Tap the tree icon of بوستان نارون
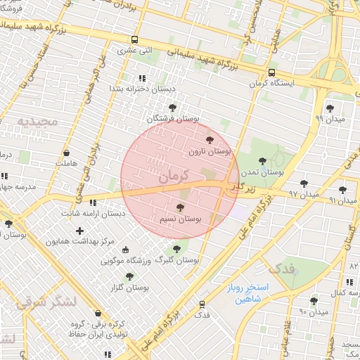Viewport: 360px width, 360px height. point(209,140)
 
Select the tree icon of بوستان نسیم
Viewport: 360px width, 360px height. point(180,208)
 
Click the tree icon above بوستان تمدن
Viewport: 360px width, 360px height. point(263,161)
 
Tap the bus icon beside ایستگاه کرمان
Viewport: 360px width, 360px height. point(271,72)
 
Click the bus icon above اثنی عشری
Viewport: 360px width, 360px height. point(134,40)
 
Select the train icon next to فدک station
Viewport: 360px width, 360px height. point(202,304)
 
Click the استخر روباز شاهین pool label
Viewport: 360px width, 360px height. point(243,293)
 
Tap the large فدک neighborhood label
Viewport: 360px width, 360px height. point(282,268)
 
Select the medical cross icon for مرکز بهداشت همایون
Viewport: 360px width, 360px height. point(79,230)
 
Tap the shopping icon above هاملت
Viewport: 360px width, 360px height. point(66,152)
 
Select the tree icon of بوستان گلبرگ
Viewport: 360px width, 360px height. point(176,248)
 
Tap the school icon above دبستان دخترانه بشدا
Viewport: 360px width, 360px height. point(142,79)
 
